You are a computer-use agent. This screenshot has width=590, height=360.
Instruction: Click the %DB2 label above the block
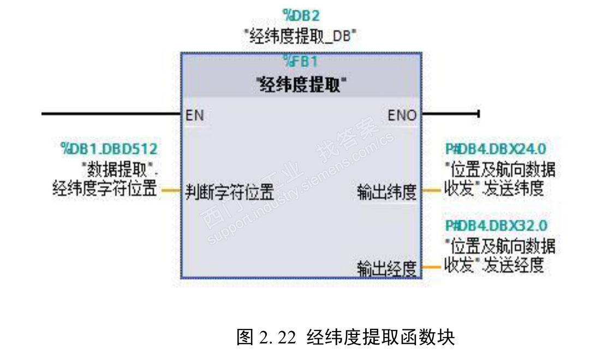point(301,15)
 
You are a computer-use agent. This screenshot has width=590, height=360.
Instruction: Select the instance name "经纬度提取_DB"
point(300,36)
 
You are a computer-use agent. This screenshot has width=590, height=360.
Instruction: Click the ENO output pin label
point(402,115)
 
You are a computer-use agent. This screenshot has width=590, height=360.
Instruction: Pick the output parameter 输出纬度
point(387,192)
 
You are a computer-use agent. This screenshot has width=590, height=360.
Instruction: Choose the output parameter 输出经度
point(387,268)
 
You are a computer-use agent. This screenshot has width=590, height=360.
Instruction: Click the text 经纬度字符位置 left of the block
point(104,189)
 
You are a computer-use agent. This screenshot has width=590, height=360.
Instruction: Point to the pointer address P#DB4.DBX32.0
point(496,225)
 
